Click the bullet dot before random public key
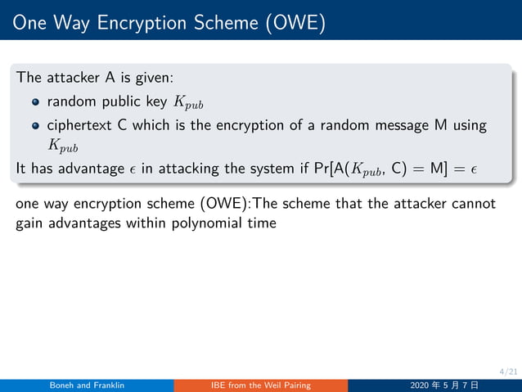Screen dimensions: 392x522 [36, 102]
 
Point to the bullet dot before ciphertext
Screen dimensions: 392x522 [36, 126]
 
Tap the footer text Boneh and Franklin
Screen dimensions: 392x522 [87, 385]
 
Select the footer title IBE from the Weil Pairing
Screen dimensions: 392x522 [260, 385]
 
